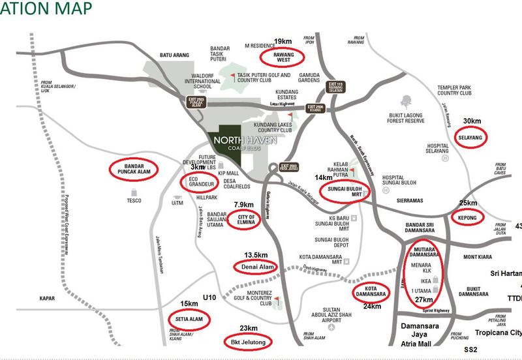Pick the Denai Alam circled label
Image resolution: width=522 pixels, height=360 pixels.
pos(256,267)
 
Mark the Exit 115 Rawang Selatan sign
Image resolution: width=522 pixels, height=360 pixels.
pos(335,87)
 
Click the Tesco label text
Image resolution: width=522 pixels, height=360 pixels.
pos(134,200)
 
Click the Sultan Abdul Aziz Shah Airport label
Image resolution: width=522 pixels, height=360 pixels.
pos(335,315)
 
